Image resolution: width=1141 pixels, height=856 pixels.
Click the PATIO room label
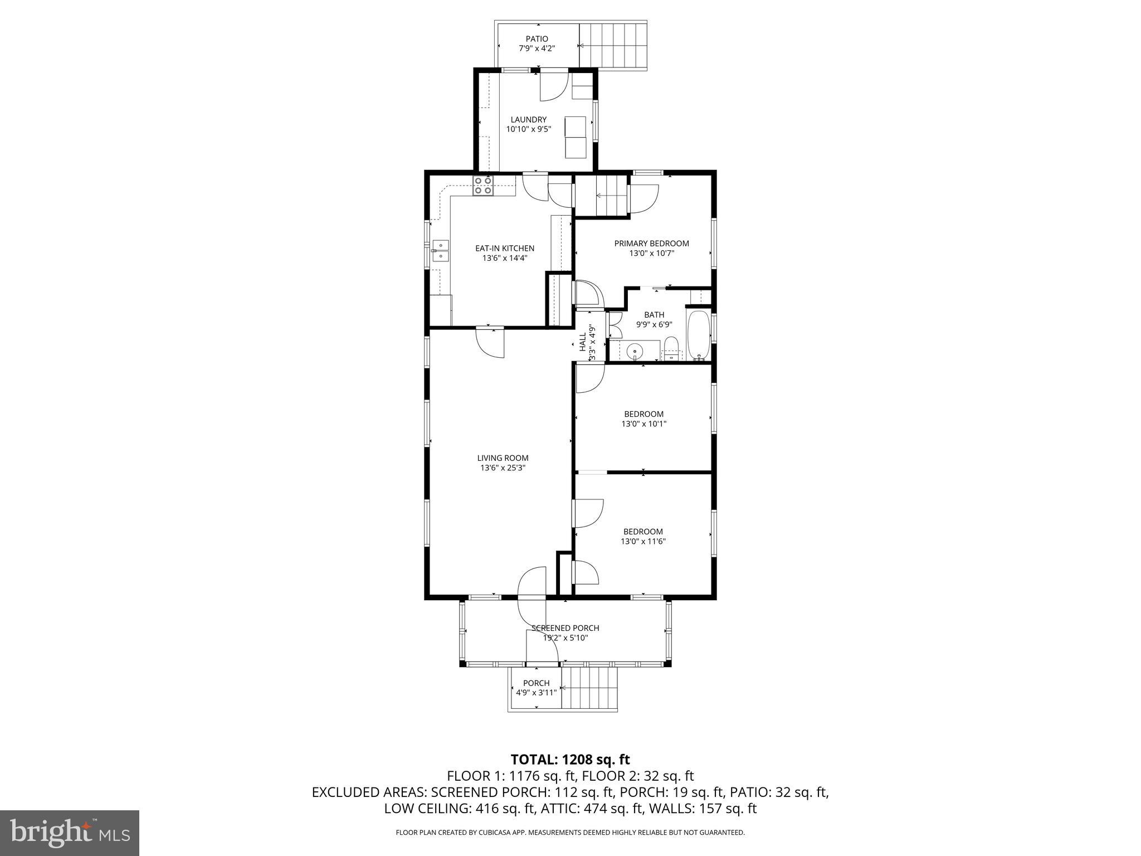(x=537, y=39)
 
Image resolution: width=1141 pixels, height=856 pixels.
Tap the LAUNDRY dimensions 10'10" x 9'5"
(x=528, y=129)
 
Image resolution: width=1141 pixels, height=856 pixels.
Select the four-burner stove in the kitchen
(x=483, y=186)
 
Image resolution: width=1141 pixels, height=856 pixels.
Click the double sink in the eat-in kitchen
(x=441, y=251)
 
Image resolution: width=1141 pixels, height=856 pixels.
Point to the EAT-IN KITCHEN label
(x=504, y=249)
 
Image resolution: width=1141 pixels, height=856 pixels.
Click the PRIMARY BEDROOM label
(x=651, y=244)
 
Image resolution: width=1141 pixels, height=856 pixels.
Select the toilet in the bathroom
(x=671, y=348)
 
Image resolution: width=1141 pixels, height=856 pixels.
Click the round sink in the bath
(x=634, y=351)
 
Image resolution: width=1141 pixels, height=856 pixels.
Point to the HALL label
(x=583, y=341)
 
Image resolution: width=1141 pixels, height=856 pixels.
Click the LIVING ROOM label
(x=503, y=458)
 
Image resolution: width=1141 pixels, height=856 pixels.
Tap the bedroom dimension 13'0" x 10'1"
(x=643, y=424)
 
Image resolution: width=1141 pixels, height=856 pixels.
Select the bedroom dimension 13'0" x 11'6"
(x=643, y=541)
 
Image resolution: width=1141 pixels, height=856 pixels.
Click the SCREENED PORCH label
(x=565, y=628)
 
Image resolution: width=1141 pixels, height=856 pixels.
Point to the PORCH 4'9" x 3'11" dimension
(x=536, y=693)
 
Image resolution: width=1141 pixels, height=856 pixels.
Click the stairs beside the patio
(x=613, y=45)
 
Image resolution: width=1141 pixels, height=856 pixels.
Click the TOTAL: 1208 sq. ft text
(x=570, y=760)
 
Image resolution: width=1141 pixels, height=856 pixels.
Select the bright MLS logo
(x=70, y=833)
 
